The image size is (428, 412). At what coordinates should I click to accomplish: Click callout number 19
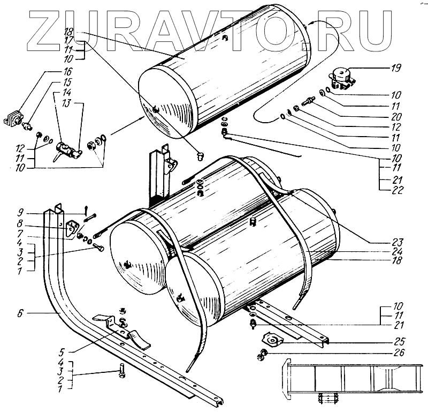click(x=395, y=68)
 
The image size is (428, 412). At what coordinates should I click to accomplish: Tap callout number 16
click(x=68, y=71)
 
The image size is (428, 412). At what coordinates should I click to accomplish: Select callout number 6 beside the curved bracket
click(x=20, y=312)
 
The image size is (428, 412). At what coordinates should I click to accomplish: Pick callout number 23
click(x=396, y=241)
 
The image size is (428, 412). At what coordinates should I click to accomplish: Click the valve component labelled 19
click(x=341, y=76)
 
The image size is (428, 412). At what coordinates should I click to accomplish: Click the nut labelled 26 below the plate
click(x=262, y=354)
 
